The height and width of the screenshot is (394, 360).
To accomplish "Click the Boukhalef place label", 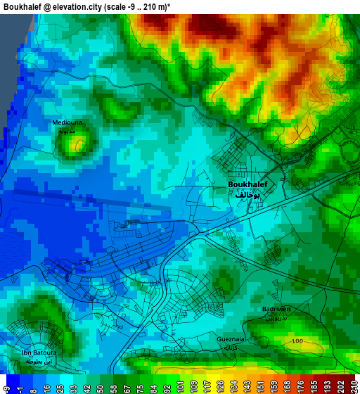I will tap(247, 184).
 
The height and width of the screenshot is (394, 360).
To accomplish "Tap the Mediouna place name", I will tap(67, 122).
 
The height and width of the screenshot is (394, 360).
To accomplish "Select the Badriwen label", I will tap(276, 309).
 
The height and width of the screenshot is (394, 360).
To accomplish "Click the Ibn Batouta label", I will tap(39, 352).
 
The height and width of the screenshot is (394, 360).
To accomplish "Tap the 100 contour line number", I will tap(297, 341).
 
